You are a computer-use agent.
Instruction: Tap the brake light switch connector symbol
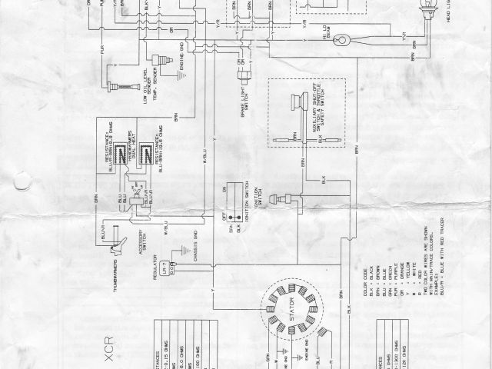coord(244,74)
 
